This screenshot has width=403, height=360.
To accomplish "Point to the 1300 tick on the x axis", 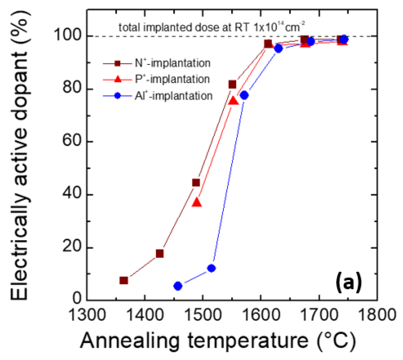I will coord(87,314).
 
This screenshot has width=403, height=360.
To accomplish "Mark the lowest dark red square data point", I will coord(123,280).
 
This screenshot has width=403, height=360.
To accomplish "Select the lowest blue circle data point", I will coord(178,286).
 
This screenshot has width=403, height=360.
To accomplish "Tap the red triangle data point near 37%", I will coord(197,202).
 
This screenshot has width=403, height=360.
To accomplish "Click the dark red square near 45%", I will coord(196,183).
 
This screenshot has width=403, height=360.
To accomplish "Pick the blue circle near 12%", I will coord(211,268).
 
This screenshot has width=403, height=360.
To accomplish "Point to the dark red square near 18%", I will coord(159,253).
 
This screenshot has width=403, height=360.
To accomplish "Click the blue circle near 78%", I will coord(244,95).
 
